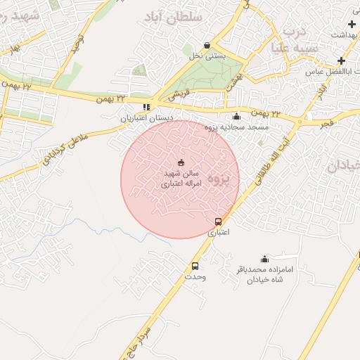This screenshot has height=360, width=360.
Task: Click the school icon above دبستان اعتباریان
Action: click(146, 108)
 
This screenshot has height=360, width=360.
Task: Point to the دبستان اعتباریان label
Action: click(146, 119)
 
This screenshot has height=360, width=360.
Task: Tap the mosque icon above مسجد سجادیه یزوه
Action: click(236, 116)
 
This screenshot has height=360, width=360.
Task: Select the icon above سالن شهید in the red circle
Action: click(181, 163)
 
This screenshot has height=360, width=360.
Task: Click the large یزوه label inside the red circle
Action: click(220, 179)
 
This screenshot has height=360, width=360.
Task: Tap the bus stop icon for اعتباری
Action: click(218, 221)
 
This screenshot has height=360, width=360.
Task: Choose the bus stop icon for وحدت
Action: click(195, 266)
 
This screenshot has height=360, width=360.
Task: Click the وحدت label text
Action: click(195, 277)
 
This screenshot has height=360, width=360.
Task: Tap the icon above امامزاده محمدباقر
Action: click(264, 259)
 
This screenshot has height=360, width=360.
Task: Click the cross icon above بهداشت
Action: click(352, 25)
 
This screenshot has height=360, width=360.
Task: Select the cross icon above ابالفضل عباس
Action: click(341, 61)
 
